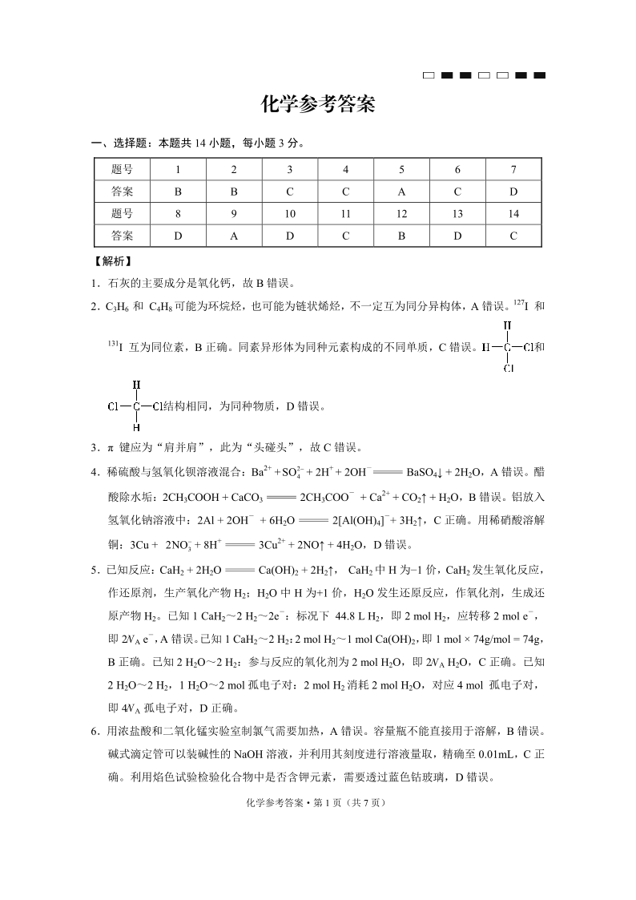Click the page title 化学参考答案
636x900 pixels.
point(318,105)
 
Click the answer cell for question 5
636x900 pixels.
point(401,192)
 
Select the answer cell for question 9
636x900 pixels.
point(234,236)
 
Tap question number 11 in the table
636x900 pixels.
point(345,214)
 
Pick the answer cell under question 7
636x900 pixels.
point(513,192)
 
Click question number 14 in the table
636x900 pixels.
point(513,214)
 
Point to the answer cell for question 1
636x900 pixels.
point(178,192)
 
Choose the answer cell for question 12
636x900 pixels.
point(401,236)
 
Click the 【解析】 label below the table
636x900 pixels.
point(112,261)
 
